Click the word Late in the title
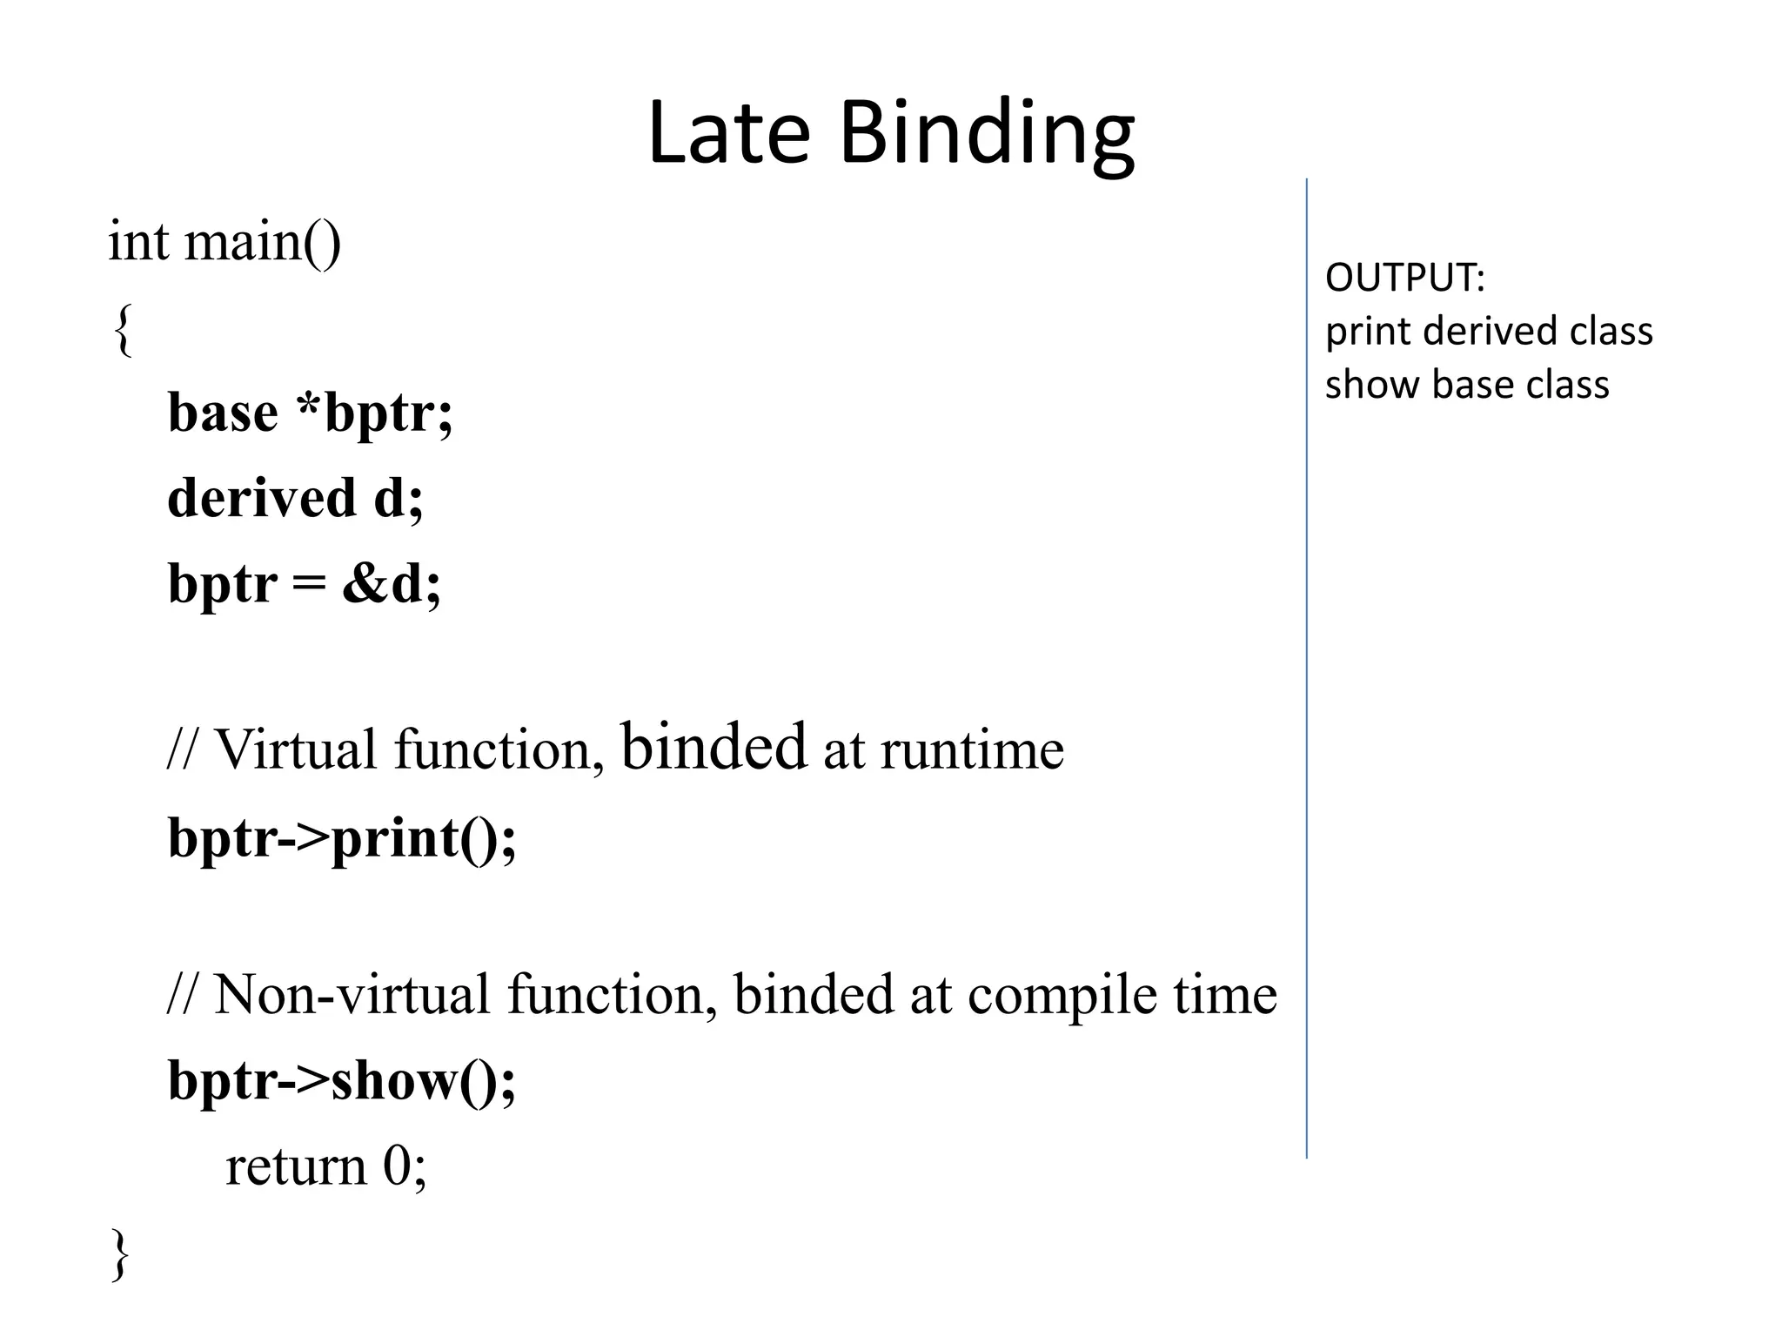729,132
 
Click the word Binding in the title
987,135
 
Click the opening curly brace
124,329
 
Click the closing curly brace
121,1253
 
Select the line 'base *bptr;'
310,413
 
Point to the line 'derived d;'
295,498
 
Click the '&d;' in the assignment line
392,583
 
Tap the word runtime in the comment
971,749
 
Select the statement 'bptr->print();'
342,837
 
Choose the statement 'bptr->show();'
342,1080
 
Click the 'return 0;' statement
326,1166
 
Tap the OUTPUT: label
1404,278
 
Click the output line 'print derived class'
1488,332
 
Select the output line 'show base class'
1467,385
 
